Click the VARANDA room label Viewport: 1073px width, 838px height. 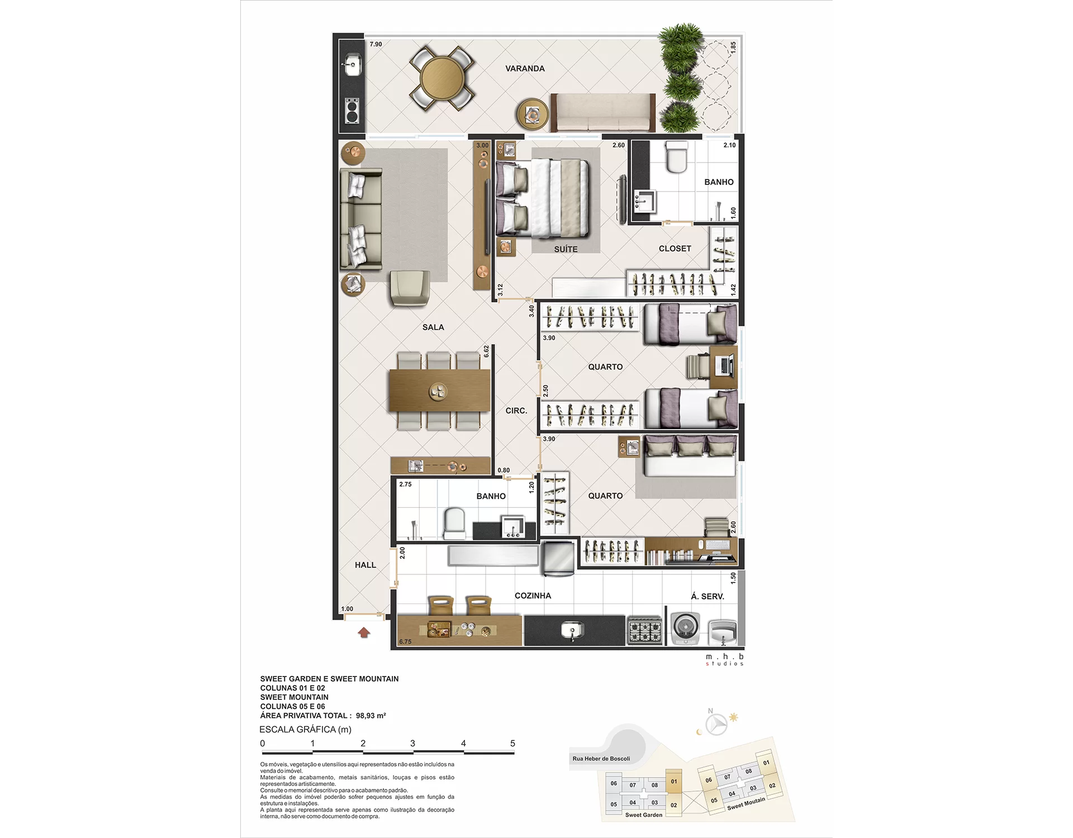pyautogui.click(x=525, y=69)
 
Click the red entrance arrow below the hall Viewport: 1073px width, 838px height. pyautogui.click(x=364, y=632)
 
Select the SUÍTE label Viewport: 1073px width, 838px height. pyautogui.click(x=566, y=249)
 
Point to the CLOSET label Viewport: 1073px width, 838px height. pyautogui.click(x=675, y=249)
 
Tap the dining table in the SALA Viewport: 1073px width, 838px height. pyautogui.click(x=439, y=391)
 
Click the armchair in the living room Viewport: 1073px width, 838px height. pyautogui.click(x=410, y=288)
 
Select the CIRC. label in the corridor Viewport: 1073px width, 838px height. pyautogui.click(x=516, y=411)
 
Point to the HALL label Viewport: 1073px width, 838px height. pyautogui.click(x=365, y=565)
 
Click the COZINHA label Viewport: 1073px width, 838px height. pyautogui.click(x=533, y=596)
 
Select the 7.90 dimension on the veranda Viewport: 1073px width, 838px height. pyautogui.click(x=376, y=44)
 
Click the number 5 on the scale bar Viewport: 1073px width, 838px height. pyautogui.click(x=512, y=744)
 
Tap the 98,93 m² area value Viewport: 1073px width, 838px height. pyautogui.click(x=371, y=716)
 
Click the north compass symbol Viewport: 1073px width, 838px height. pyautogui.click(x=716, y=725)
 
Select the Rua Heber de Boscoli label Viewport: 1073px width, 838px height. pyautogui.click(x=601, y=759)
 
